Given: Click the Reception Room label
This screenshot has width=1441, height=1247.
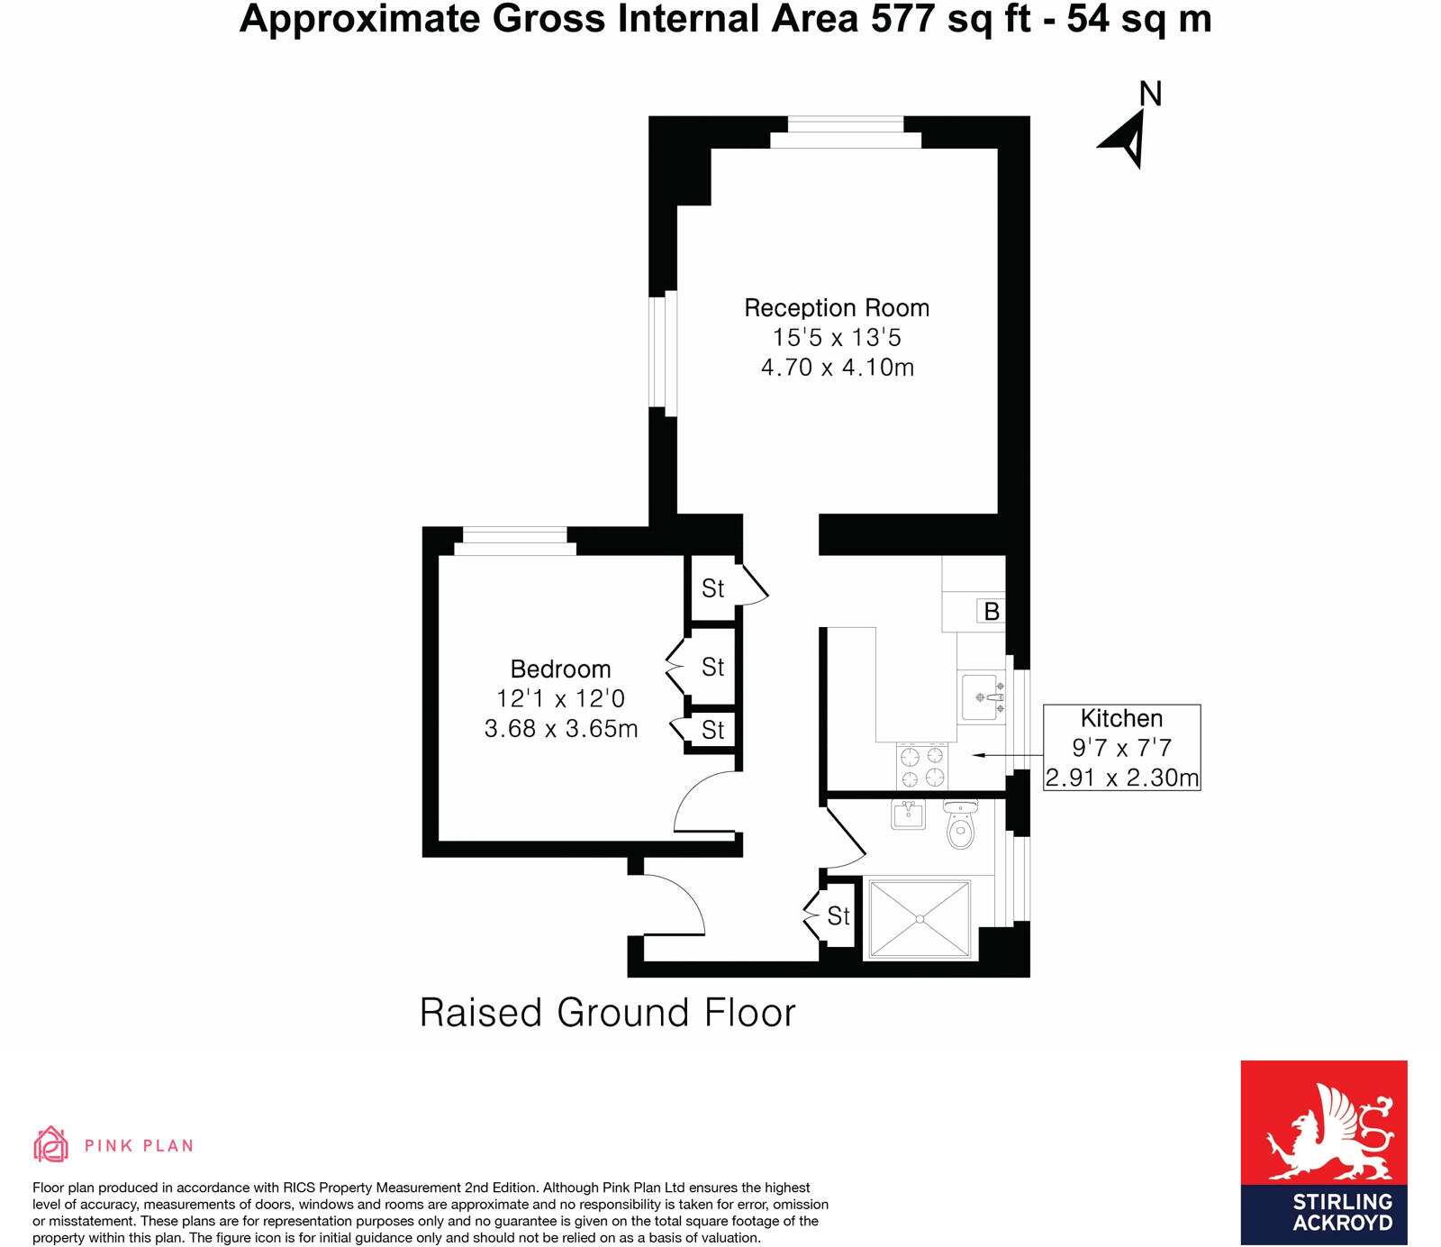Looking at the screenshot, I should click(x=837, y=308).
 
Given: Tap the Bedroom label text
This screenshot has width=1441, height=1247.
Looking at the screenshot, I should click(x=560, y=669).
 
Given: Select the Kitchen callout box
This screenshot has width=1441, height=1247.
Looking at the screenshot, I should click(x=1121, y=747).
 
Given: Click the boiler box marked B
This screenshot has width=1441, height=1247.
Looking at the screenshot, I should click(x=991, y=612).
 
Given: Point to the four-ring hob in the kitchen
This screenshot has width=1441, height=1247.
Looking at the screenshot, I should click(x=922, y=766).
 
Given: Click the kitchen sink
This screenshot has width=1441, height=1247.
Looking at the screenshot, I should click(x=982, y=696).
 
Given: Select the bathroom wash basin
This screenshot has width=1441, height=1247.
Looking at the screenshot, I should click(x=908, y=815).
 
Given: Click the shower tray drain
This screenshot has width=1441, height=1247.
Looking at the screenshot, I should click(x=920, y=919).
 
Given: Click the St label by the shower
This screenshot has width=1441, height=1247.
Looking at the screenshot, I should click(x=838, y=916).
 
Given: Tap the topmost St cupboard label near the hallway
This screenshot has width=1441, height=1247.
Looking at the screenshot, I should click(x=712, y=588).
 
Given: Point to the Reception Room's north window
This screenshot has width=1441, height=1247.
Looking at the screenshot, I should click(x=846, y=132).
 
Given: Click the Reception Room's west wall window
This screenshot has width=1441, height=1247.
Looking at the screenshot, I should click(x=663, y=352).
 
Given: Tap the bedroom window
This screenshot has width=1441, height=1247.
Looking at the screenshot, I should click(x=514, y=541).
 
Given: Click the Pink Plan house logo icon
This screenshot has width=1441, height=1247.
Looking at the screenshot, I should click(x=50, y=1144).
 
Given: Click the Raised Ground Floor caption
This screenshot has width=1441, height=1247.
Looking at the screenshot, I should click(x=608, y=1013).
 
